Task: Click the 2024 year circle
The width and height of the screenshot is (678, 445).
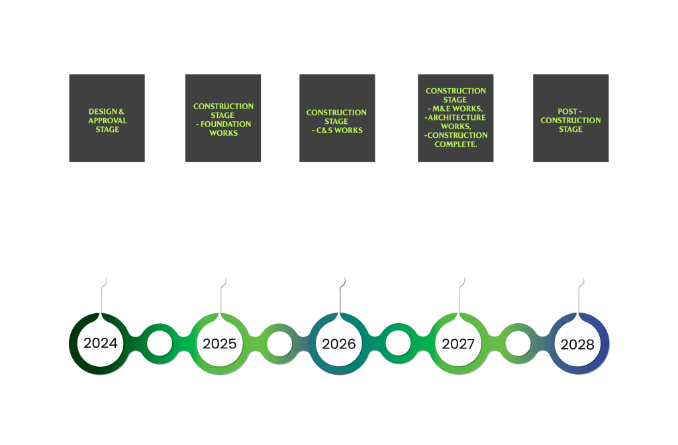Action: pyautogui.click(x=100, y=344)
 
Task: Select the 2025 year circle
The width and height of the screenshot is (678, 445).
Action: pyautogui.click(x=219, y=344)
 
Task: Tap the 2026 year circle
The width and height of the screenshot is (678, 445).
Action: pyautogui.click(x=338, y=344)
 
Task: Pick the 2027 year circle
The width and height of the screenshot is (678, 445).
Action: pyautogui.click(x=458, y=344)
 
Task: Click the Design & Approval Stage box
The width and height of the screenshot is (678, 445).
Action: pyautogui.click(x=107, y=118)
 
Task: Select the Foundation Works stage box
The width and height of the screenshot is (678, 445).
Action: pyautogui.click(x=223, y=118)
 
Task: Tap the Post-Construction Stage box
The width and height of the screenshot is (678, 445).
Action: pyautogui.click(x=571, y=118)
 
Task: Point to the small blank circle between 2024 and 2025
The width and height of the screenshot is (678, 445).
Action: pyautogui.click(x=160, y=344)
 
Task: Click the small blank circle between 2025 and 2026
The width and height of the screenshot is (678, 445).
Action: pyautogui.click(x=279, y=344)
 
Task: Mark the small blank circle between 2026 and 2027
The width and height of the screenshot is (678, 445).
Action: pyautogui.click(x=398, y=344)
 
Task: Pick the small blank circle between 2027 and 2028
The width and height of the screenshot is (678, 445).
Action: pyautogui.click(x=518, y=344)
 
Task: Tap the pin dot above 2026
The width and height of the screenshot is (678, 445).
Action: pyautogui.click(x=338, y=280)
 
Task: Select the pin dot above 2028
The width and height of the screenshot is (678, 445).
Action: pyautogui.click(x=577, y=280)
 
